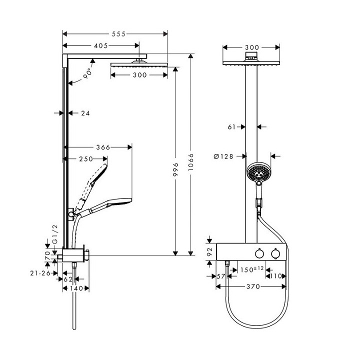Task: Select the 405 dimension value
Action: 101,45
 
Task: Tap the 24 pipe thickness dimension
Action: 85,113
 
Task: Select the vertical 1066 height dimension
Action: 191,162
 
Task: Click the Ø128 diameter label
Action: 224,156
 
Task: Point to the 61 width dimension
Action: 231,127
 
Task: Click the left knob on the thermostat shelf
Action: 259,254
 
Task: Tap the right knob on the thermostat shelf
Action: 273,254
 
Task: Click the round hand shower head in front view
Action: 258,172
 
